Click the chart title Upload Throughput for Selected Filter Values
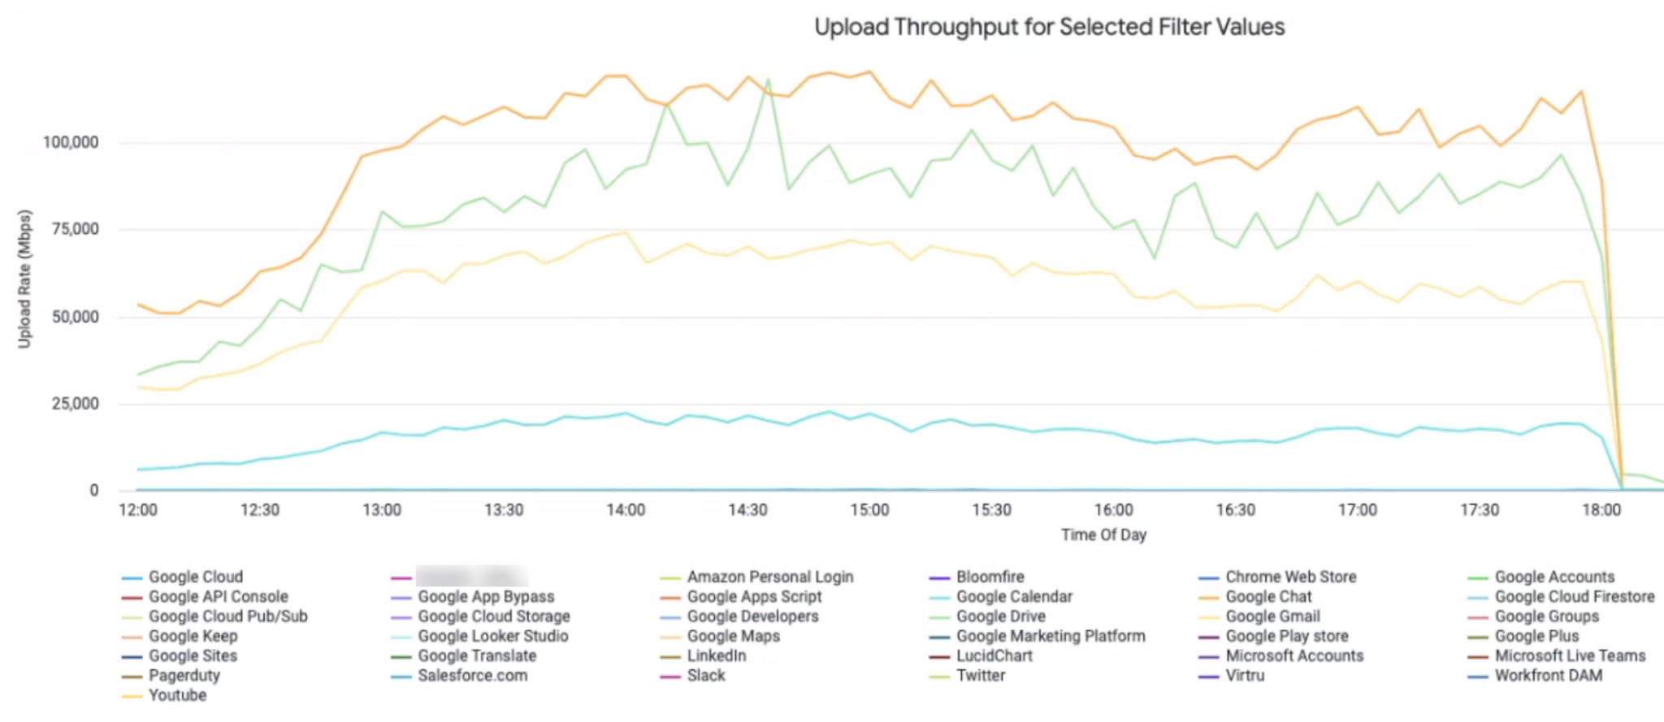pyautogui.click(x=1049, y=28)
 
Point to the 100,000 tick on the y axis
pyautogui.click(x=71, y=143)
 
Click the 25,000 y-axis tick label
pyautogui.click(x=75, y=404)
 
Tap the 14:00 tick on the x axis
pyautogui.click(x=626, y=510)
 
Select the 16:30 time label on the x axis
pyautogui.click(x=1235, y=510)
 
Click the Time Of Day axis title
pyautogui.click(x=1103, y=534)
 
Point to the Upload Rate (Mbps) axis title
pyautogui.click(x=25, y=279)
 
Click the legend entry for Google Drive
pyautogui.click(x=1000, y=616)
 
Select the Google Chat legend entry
pyautogui.click(x=1267, y=597)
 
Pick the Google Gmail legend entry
pyautogui.click(x=1272, y=616)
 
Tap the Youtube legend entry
pyautogui.click(x=177, y=695)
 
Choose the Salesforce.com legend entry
pyautogui.click(x=472, y=676)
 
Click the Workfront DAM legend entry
pyautogui.click(x=1548, y=676)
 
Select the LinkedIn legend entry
pyautogui.click(x=716, y=656)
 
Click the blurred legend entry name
pyautogui.click(x=471, y=577)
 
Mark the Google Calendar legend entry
pyautogui.click(x=1014, y=597)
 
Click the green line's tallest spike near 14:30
pyautogui.click(x=768, y=80)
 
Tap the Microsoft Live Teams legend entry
pyautogui.click(x=1570, y=656)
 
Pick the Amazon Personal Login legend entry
pyautogui.click(x=769, y=577)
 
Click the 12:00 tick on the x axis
pyautogui.click(x=138, y=510)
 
